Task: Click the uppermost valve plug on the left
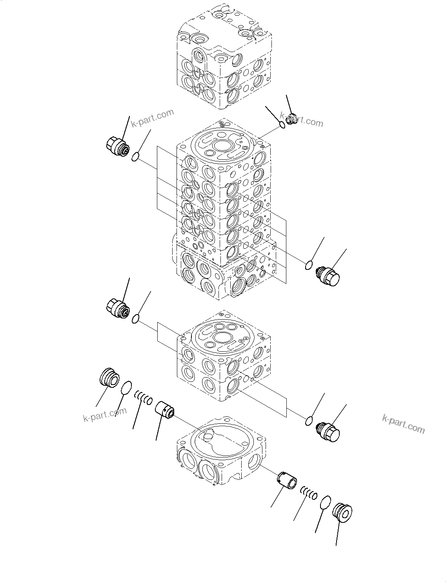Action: [117, 147]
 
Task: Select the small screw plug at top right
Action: [291, 118]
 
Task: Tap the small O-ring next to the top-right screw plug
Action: [282, 125]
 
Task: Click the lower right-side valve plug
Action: [328, 432]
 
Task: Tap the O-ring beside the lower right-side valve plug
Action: [309, 421]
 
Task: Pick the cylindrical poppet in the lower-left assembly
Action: [165, 410]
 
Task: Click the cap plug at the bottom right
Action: [342, 513]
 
